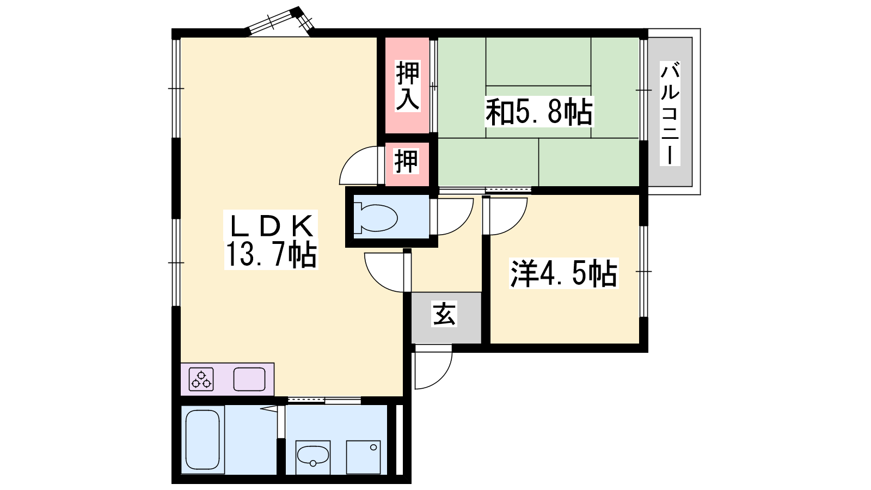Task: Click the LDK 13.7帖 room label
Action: (271, 240)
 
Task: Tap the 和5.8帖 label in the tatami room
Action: (538, 112)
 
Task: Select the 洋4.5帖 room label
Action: (563, 273)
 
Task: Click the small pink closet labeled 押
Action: (407, 162)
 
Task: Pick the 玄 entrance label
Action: (444, 314)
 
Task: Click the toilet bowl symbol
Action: (376, 217)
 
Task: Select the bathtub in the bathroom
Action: (202, 440)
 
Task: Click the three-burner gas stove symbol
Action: (201, 379)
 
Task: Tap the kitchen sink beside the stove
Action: (249, 379)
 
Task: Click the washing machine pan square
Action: (363, 457)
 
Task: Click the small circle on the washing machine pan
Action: (373, 448)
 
